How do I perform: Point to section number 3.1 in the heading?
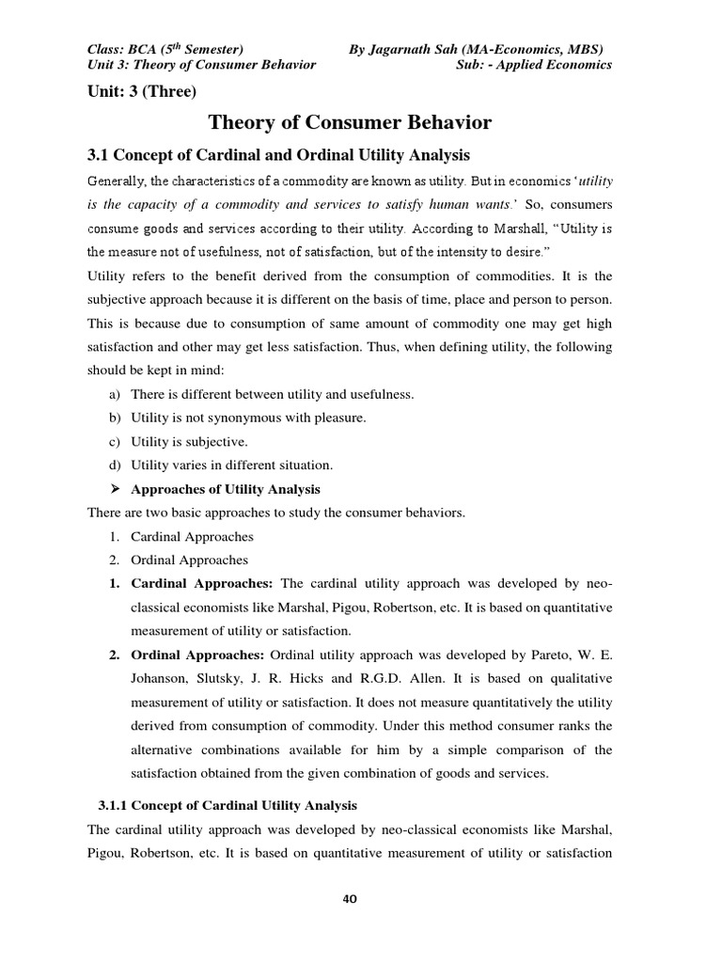(99, 154)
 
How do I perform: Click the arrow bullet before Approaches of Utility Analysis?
(117, 489)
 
